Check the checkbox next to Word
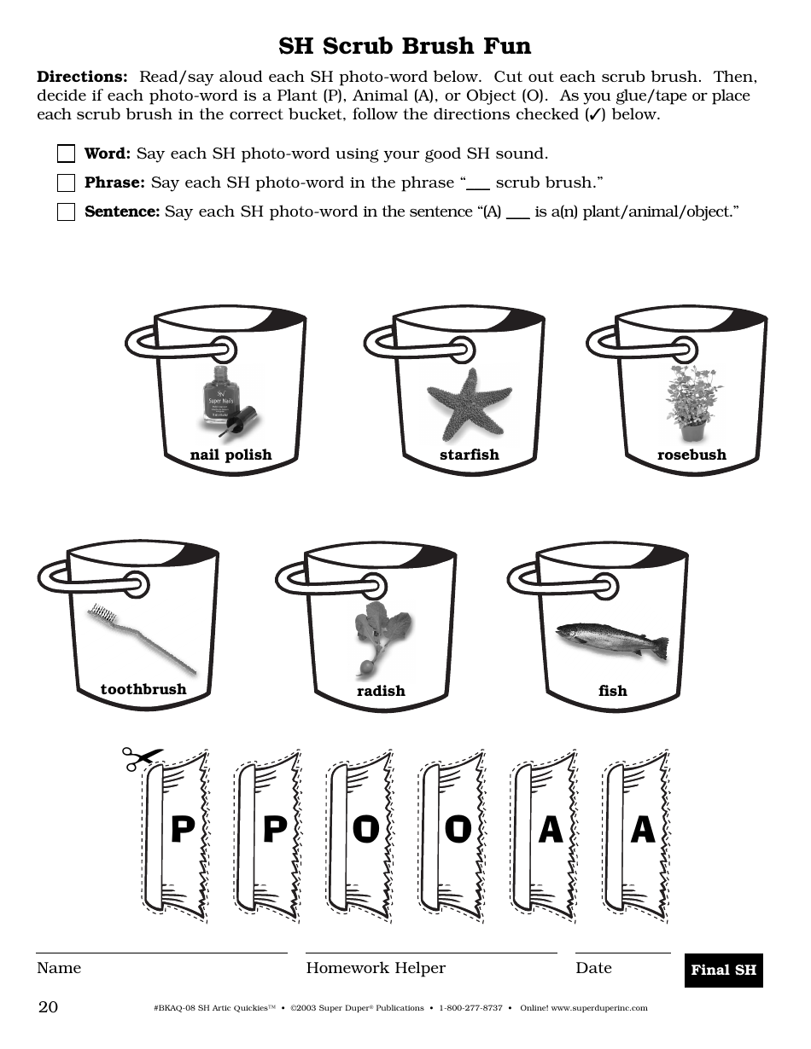(x=66, y=154)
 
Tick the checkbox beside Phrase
(x=66, y=183)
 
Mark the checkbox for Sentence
(x=66, y=212)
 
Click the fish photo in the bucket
(x=612, y=640)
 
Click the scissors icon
(x=141, y=758)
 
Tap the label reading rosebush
(x=691, y=455)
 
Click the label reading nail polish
(x=230, y=455)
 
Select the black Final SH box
(x=723, y=970)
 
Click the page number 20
(x=48, y=1007)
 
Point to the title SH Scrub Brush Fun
(x=405, y=45)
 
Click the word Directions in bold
(x=82, y=77)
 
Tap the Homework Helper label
(x=376, y=968)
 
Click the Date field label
(x=593, y=968)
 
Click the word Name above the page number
(x=59, y=968)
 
